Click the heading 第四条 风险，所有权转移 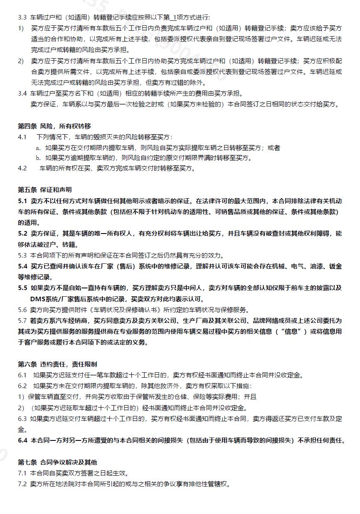pyautogui.click(x=54, y=126)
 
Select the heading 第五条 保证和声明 pyautogui.click(x=44, y=190)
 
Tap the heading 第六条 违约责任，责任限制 pyautogui.click(x=57, y=364)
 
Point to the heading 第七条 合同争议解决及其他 pyautogui.click(x=57, y=462)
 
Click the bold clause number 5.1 pyautogui.click(x=22, y=201)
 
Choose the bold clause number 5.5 pyautogui.click(x=22, y=288)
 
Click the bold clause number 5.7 pyautogui.click(x=22, y=320)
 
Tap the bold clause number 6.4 pyautogui.click(x=22, y=440)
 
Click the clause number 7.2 pyautogui.click(x=22, y=484)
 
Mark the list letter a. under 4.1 pyautogui.click(x=38, y=148)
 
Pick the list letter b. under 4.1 pyautogui.click(x=38, y=158)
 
